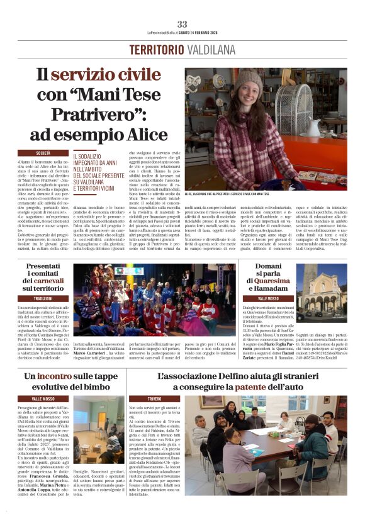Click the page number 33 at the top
[182, 24]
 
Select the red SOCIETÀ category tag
[43, 153]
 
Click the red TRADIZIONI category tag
[43, 298]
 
